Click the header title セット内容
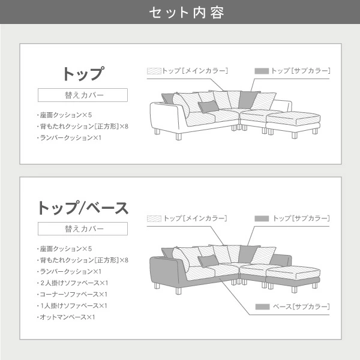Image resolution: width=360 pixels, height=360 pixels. tap(187, 13)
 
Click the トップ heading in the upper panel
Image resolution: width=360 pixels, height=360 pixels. tap(83, 73)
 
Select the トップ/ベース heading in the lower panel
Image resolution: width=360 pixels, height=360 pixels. tap(83, 208)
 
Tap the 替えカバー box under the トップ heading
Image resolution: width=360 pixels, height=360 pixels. tap(83, 95)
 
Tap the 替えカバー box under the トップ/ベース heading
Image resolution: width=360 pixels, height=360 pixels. tap(83, 229)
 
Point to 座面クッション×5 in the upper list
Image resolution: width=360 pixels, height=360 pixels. tap(65, 115)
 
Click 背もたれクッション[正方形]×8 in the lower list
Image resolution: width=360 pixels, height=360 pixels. tap(83, 260)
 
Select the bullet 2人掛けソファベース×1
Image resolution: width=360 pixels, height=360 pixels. tap(73, 283)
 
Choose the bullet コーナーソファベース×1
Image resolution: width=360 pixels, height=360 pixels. tap(73, 295)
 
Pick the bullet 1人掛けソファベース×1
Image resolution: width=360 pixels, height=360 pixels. tap(73, 305)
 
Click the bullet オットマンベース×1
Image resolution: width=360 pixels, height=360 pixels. tap(66, 317)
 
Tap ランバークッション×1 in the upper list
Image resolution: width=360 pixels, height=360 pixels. tap(69, 138)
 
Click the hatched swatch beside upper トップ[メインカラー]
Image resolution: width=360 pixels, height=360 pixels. tap(154, 71)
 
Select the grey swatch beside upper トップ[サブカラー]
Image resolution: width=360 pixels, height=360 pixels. tap(262, 71)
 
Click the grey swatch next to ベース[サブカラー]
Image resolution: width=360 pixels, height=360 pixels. tap(262, 307)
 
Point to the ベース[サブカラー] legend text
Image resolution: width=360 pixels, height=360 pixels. tap(301, 307)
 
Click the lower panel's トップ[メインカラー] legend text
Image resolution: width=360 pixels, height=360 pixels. tap(196, 218)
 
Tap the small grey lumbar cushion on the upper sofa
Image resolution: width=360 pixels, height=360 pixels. tap(208, 107)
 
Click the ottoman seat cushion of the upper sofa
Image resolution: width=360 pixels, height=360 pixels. tap(293, 118)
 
